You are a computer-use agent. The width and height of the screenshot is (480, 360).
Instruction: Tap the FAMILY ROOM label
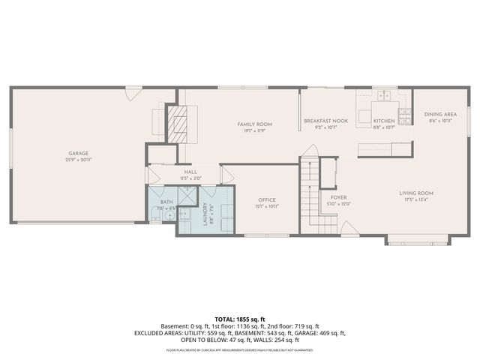coord(254,124)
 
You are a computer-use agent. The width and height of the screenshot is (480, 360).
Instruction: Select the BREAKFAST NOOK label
coord(325,121)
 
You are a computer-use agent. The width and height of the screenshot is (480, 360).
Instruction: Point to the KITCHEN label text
coord(384,121)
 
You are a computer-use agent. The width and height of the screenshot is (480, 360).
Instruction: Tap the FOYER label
coord(337,198)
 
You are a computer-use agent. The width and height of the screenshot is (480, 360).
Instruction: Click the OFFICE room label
coord(266,199)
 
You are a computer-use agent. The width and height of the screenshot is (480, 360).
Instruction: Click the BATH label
coord(166,202)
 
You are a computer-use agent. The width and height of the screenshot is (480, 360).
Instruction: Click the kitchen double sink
coord(387,96)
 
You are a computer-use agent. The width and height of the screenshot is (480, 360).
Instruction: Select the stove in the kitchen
coord(405,115)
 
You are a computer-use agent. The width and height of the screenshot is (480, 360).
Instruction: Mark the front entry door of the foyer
coord(349,229)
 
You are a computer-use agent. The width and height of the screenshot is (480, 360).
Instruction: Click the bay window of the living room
coord(419,240)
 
